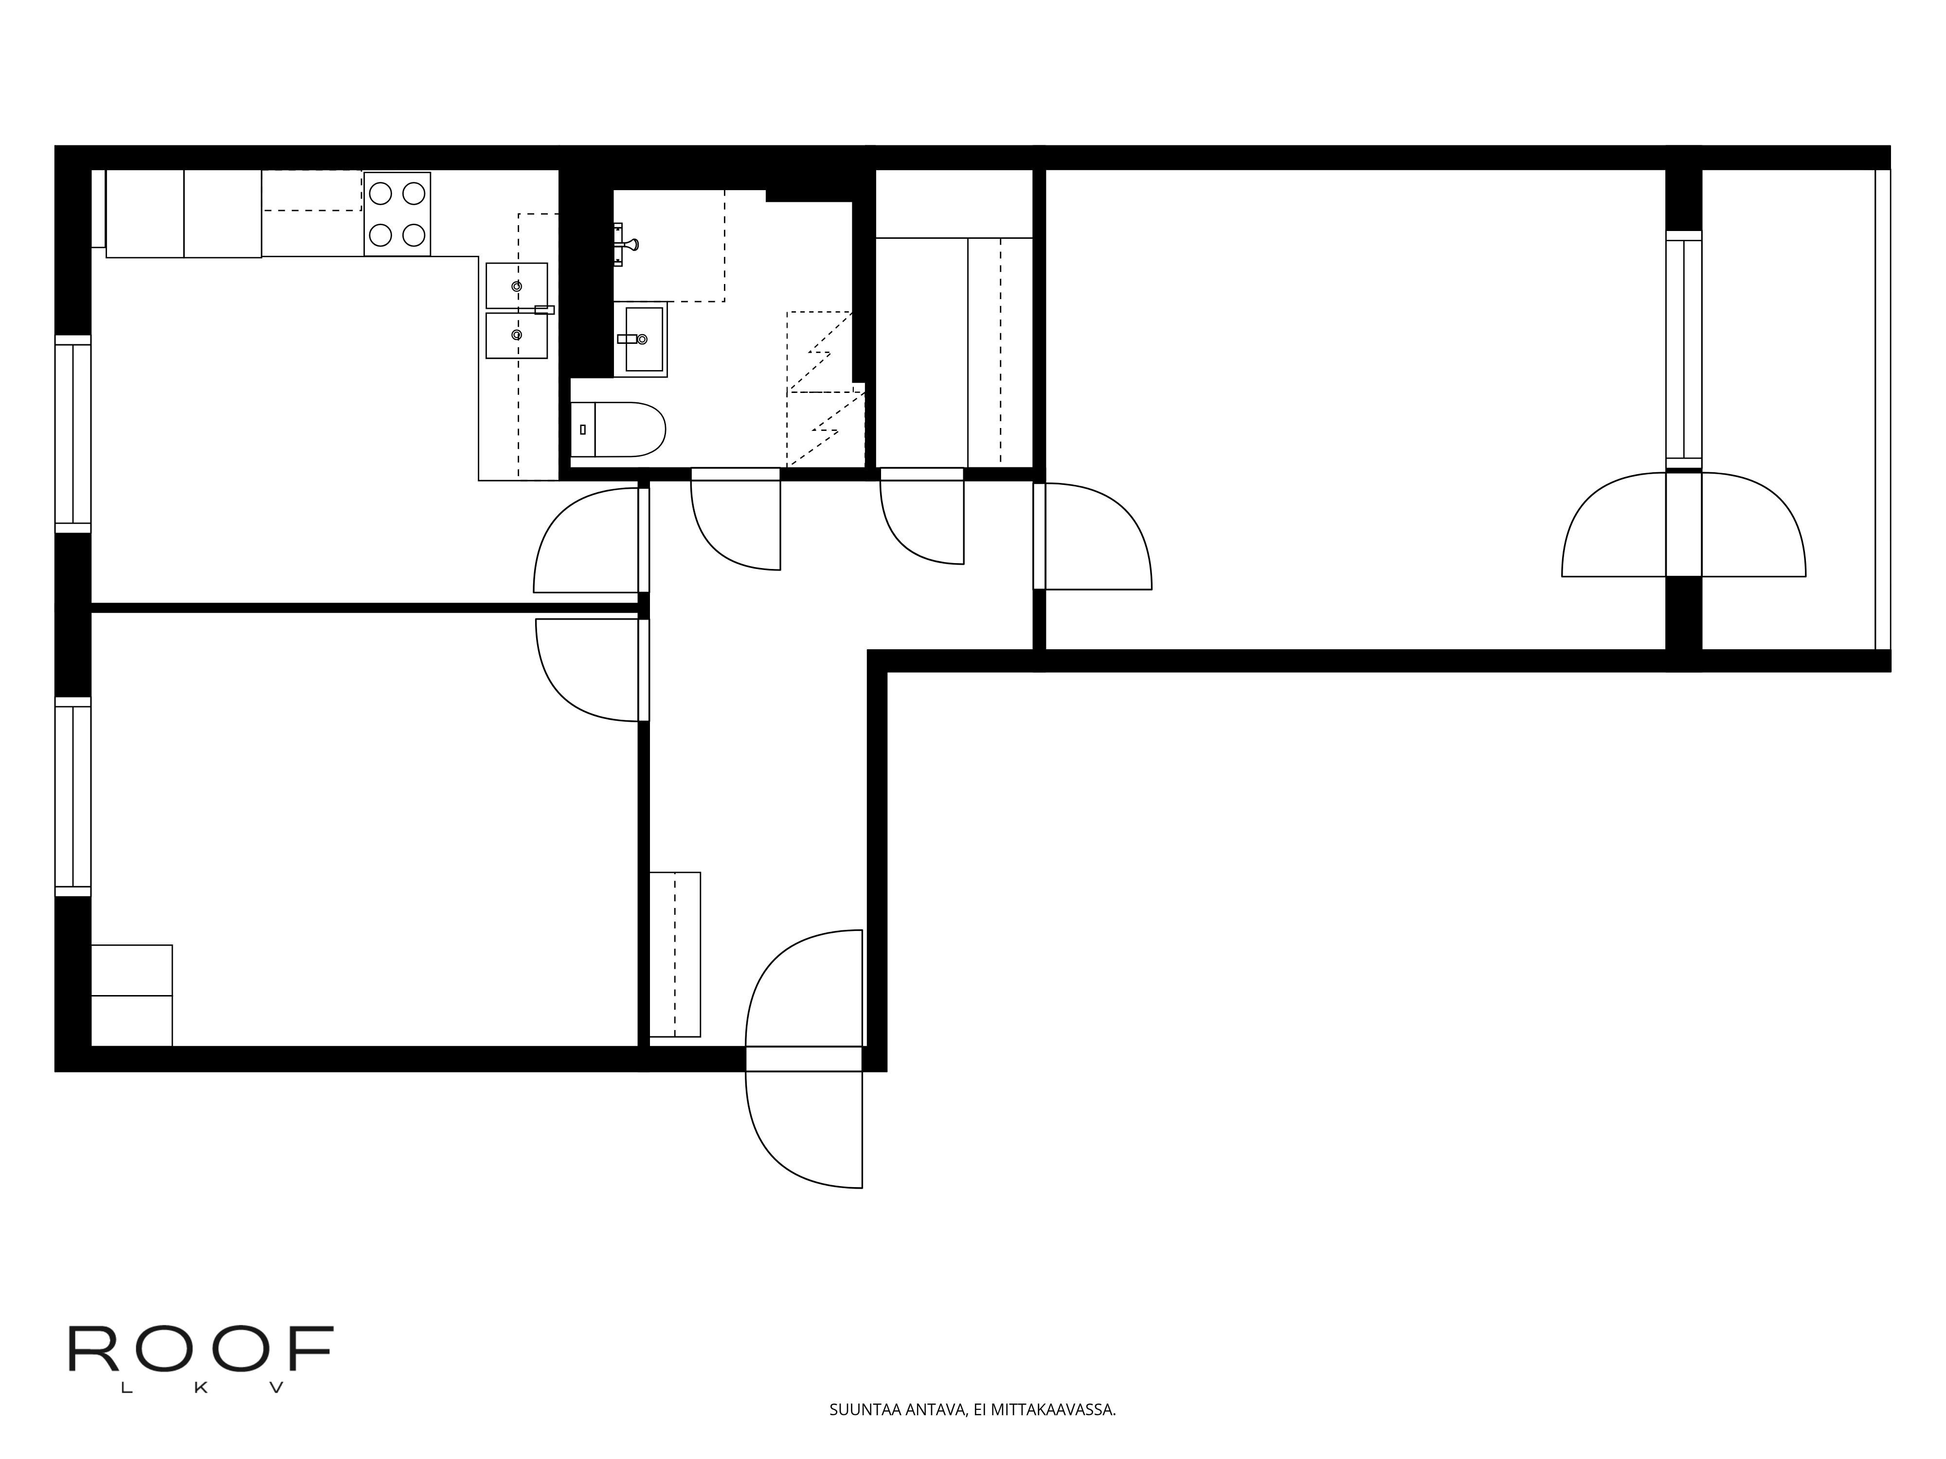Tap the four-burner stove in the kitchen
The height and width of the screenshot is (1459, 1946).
pyautogui.click(x=397, y=214)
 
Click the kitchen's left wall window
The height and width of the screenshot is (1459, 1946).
pyautogui.click(x=73, y=434)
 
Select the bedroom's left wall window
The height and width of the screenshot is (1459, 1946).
pyautogui.click(x=73, y=797)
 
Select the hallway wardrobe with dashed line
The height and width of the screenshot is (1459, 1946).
pyautogui.click(x=675, y=954)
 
